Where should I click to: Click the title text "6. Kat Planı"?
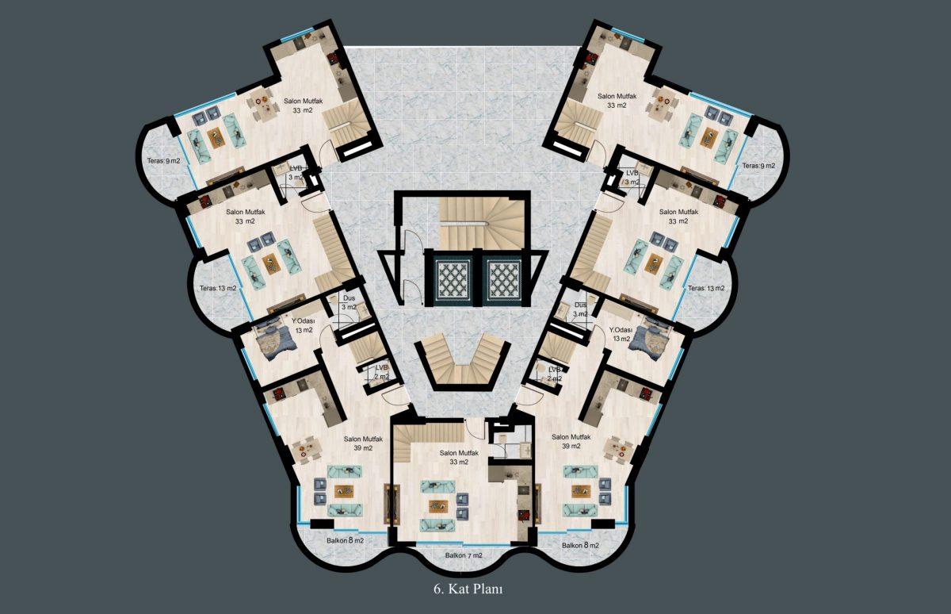tap(468, 589)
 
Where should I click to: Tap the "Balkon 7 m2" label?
tap(464, 555)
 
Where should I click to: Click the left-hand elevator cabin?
tap(453, 278)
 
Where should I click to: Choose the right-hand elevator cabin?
tap(504, 278)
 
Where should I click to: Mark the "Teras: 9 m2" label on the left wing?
tap(163, 161)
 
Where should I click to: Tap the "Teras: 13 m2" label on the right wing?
tap(706, 288)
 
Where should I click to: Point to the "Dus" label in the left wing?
tap(349, 298)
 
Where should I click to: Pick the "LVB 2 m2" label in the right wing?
tap(555, 374)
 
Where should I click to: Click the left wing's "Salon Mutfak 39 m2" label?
tap(364, 443)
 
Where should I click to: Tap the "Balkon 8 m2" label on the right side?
tap(580, 545)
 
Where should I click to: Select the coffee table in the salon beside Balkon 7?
tap(438, 506)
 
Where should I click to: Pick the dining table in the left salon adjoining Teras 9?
tap(264, 101)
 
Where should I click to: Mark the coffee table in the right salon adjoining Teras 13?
tap(654, 263)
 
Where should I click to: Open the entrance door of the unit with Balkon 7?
tap(475, 428)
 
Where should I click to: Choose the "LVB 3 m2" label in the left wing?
tap(296, 172)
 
